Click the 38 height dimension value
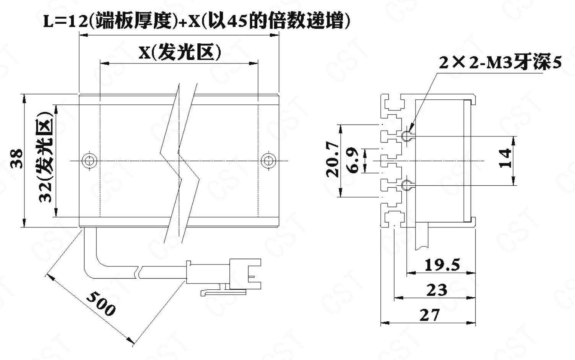coord(17,159)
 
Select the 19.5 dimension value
coord(442,265)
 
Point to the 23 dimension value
coord(437,290)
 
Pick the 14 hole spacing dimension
coord(505,159)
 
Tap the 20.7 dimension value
coord(333,159)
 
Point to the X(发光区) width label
coord(179,52)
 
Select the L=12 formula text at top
coord(197,21)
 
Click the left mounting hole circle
coord(89,161)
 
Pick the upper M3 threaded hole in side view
coord(407,136)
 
